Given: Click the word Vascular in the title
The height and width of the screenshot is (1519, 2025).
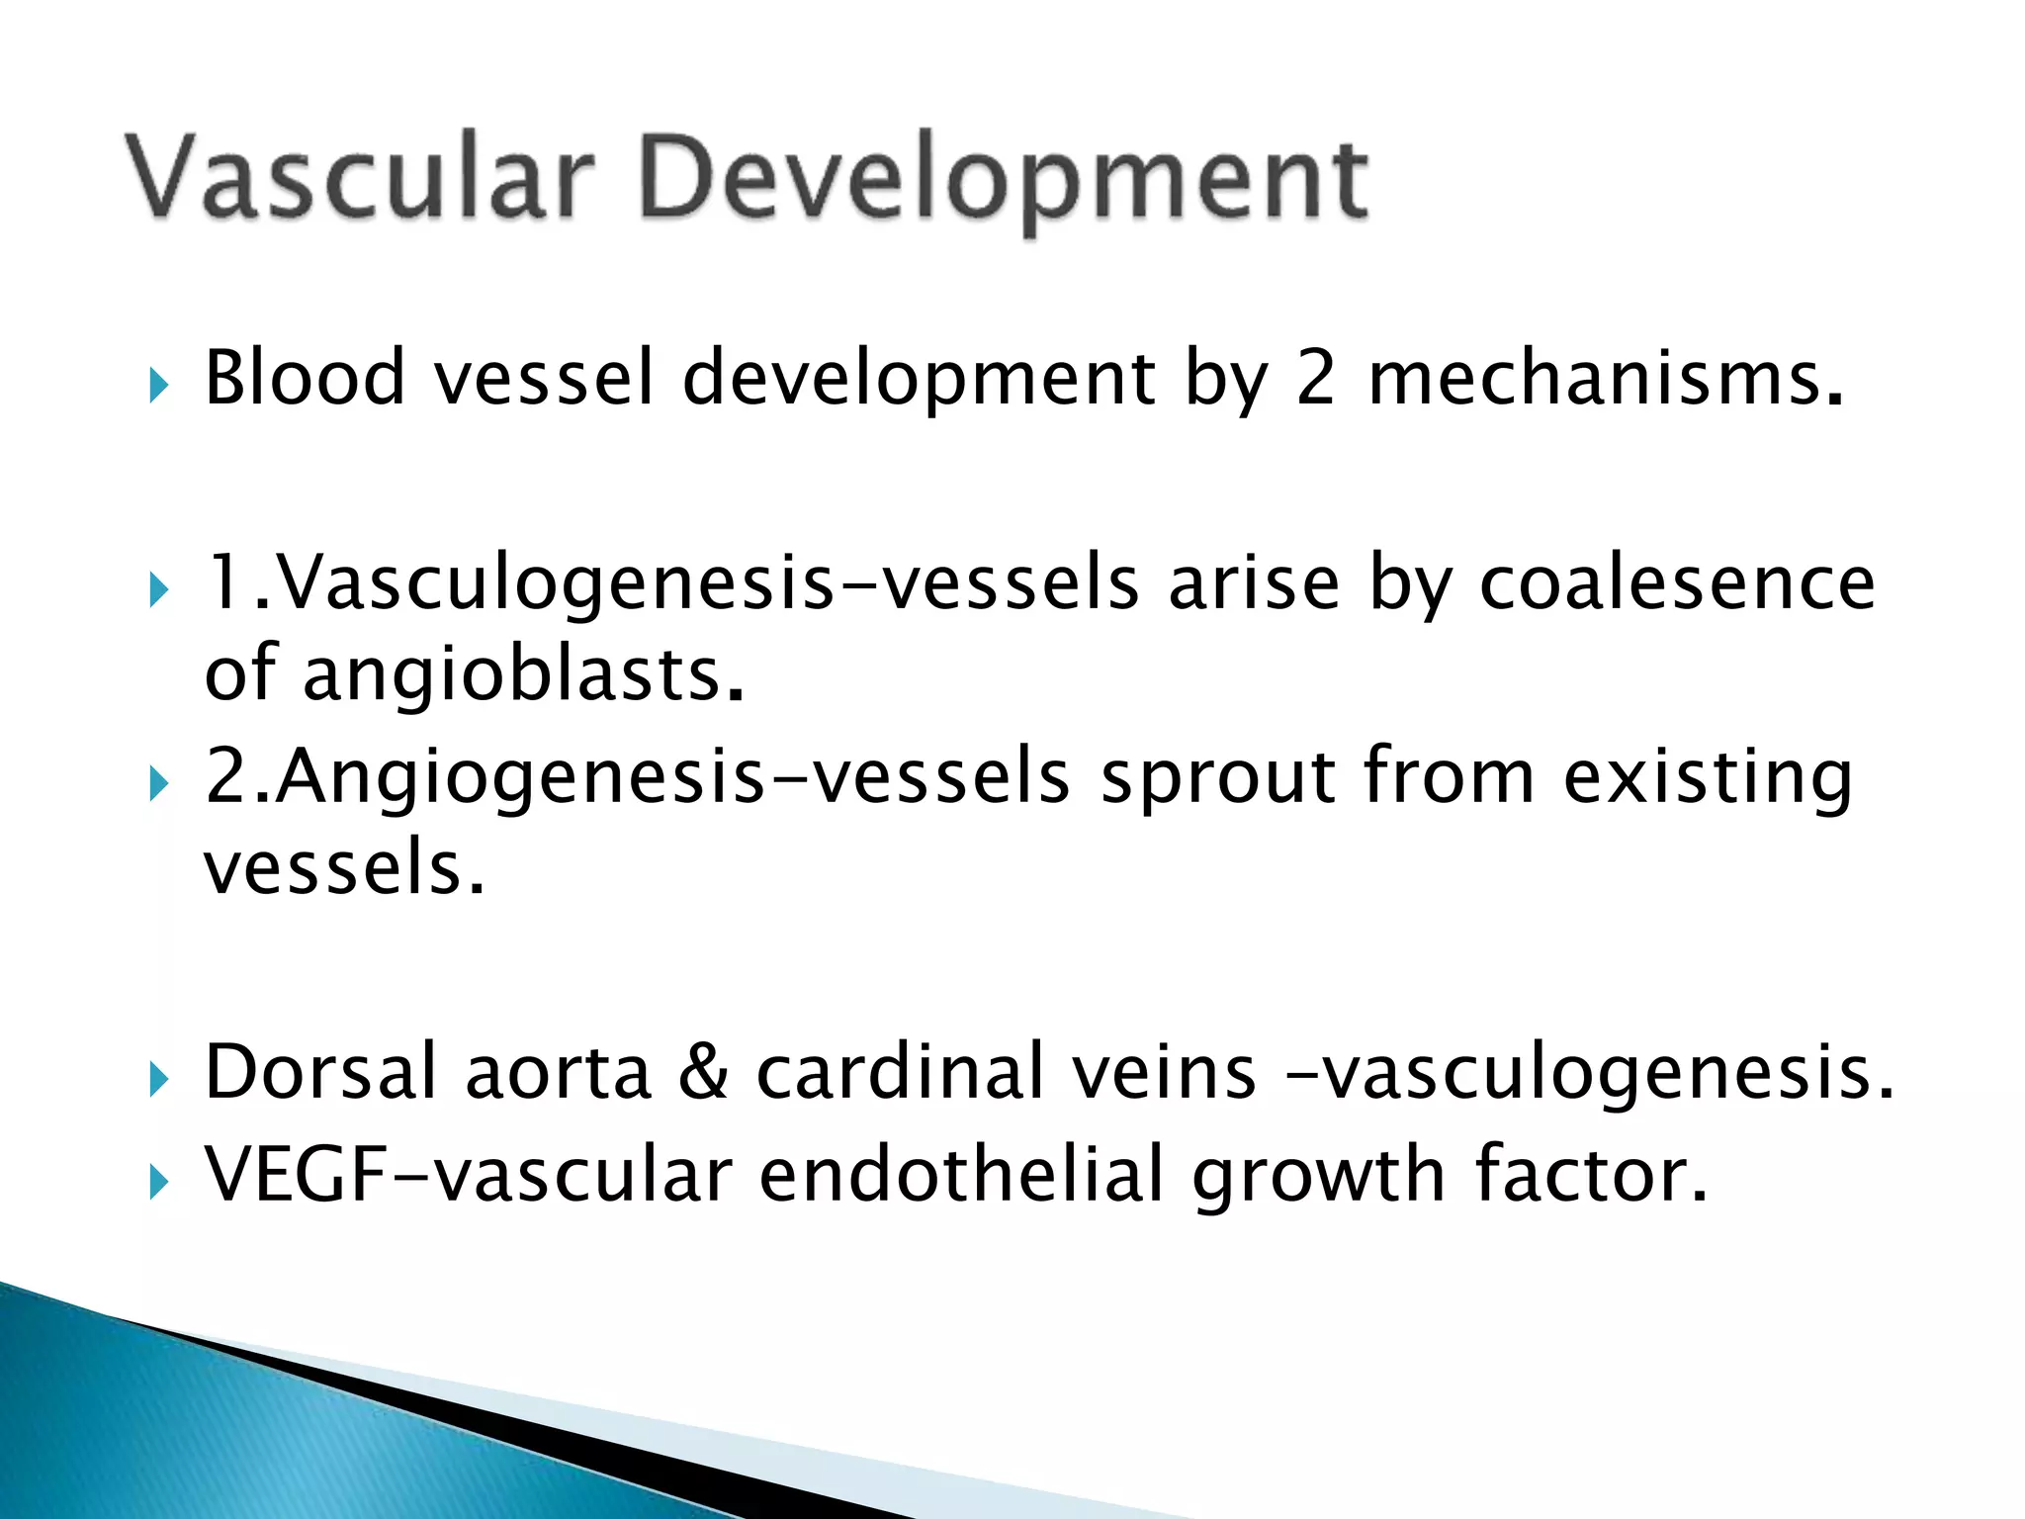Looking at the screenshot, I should click(x=361, y=178).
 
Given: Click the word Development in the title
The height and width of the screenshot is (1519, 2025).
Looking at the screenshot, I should click(x=1004, y=183).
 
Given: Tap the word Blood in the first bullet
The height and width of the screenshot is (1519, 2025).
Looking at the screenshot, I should click(x=305, y=378).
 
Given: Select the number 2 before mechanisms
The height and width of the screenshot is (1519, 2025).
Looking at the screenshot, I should click(x=1315, y=378).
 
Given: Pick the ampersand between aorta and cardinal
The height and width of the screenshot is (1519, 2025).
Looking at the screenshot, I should click(x=703, y=1073).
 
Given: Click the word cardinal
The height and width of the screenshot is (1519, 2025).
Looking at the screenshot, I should click(x=900, y=1072).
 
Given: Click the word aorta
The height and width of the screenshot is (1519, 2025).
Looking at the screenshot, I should click(x=558, y=1074).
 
